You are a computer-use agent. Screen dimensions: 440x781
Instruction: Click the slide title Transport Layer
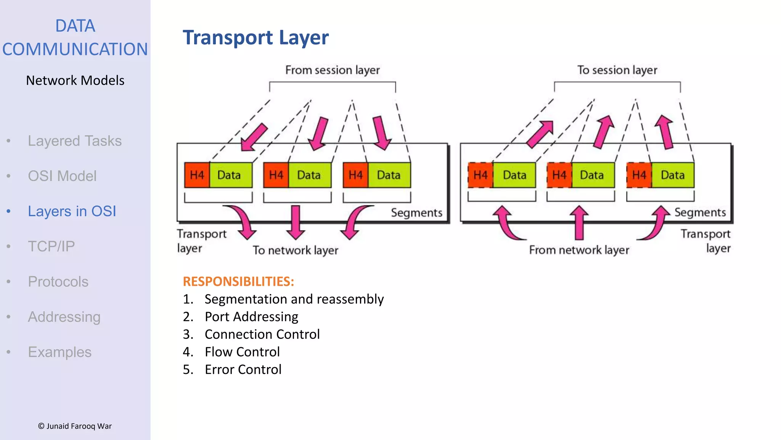coord(256,38)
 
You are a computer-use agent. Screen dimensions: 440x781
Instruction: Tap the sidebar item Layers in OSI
coord(72,211)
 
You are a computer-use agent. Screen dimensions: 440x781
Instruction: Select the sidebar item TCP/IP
coord(51,246)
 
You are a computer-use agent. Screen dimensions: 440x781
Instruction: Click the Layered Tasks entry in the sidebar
coord(74,141)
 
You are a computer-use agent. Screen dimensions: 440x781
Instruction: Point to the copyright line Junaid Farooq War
coord(75,426)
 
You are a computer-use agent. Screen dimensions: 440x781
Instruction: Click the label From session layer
coord(332,70)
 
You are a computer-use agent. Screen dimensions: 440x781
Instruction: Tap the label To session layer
coord(617,70)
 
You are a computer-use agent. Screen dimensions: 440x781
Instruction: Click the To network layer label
coord(296,250)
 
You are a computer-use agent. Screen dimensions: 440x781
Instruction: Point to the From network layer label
coord(579,250)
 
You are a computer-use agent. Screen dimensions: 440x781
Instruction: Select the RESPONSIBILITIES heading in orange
coord(238,281)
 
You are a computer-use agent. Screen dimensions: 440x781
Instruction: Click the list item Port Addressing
coord(251,317)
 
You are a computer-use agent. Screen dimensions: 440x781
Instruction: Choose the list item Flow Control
coord(242,352)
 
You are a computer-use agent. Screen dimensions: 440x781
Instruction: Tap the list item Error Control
coord(243,369)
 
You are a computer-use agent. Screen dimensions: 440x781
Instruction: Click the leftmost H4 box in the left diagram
coord(197,175)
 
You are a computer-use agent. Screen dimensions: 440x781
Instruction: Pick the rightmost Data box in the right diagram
coord(673,175)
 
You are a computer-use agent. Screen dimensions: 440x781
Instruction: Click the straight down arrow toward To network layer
coord(296,222)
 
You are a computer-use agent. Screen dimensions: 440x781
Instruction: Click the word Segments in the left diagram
coord(416,213)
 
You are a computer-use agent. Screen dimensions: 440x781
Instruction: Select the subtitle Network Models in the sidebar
coord(75,81)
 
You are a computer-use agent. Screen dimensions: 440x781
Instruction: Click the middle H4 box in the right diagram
coord(559,175)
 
